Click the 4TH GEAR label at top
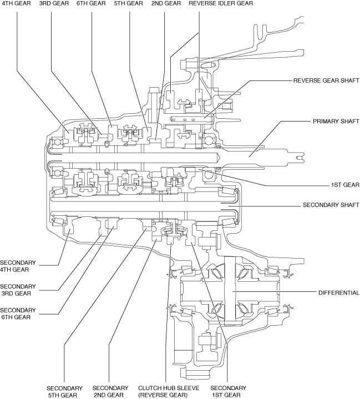click(x=17, y=3)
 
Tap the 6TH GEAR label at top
click(x=90, y=3)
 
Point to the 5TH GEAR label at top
click(x=128, y=3)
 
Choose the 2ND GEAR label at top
click(x=165, y=3)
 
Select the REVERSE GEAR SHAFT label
click(x=326, y=80)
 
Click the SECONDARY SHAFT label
click(x=331, y=205)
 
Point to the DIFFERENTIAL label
click(x=338, y=292)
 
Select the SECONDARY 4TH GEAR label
click(x=18, y=266)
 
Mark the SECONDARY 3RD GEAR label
click(x=18, y=290)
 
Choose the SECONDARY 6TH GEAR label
click(x=18, y=314)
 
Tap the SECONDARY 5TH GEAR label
click(x=64, y=391)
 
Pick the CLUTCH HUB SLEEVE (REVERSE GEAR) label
click(x=163, y=391)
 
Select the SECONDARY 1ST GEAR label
click(x=226, y=391)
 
